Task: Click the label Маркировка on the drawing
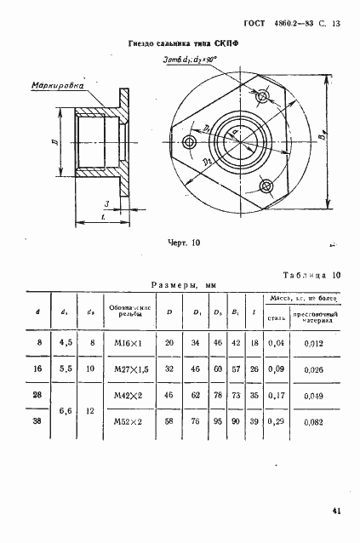56,86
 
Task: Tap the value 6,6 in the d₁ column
64,409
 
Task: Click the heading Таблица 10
310,276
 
